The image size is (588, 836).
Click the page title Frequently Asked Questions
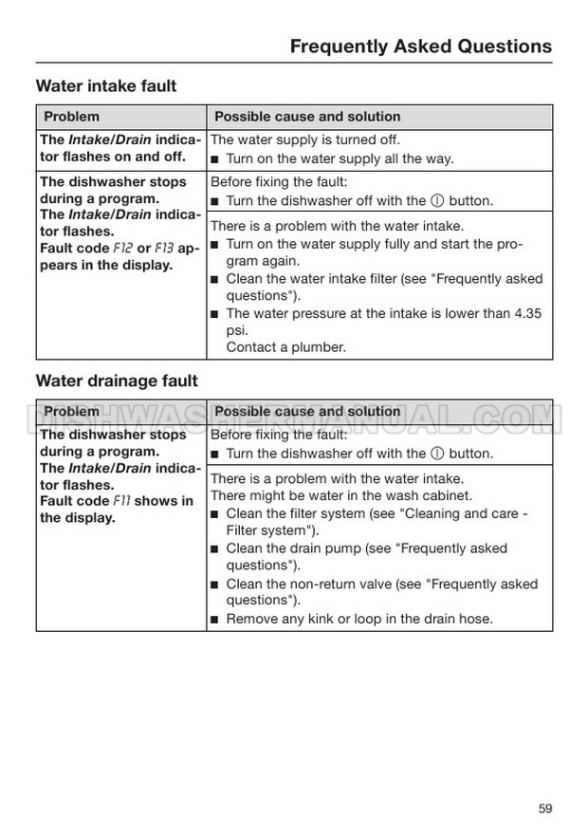pyautogui.click(x=420, y=46)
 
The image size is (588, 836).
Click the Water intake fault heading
pyautogui.click(x=106, y=86)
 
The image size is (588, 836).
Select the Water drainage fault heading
pyautogui.click(x=117, y=381)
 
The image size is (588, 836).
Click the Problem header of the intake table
pyautogui.click(x=71, y=117)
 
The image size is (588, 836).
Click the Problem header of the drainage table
pyautogui.click(x=71, y=412)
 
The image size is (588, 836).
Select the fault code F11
pyautogui.click(x=123, y=501)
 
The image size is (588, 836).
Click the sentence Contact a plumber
pyautogui.click(x=285, y=347)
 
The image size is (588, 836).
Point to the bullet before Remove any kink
pyautogui.click(x=215, y=620)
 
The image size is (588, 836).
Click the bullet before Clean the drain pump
pyautogui.click(x=215, y=548)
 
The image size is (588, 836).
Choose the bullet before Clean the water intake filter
pyautogui.click(x=215, y=279)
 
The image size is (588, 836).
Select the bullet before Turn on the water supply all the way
pyautogui.click(x=215, y=159)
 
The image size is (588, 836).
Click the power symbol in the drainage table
pyautogui.click(x=437, y=454)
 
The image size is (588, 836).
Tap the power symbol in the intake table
pyautogui.click(x=437, y=201)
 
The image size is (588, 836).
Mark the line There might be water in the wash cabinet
pyautogui.click(x=340, y=495)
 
